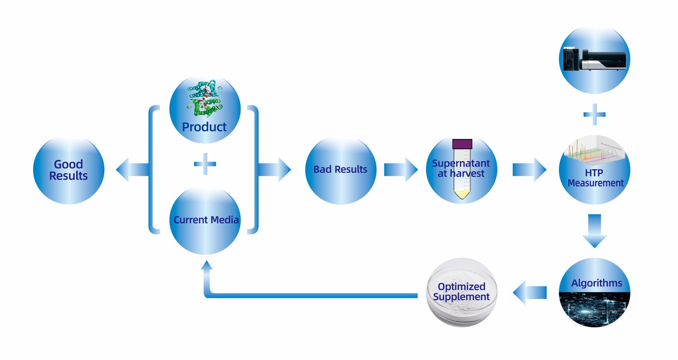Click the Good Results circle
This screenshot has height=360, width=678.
click(68, 170)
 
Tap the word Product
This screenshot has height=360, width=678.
click(204, 127)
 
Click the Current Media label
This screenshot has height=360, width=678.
click(206, 220)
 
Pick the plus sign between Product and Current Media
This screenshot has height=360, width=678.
click(205, 164)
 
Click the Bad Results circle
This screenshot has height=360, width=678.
click(340, 170)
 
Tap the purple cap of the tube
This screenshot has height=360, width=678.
click(462, 144)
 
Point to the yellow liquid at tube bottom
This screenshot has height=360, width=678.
click(462, 194)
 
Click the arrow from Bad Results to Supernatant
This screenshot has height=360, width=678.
click(400, 170)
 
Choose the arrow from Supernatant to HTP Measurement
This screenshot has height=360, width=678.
click(529, 170)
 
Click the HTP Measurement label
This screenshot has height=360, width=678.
click(595, 178)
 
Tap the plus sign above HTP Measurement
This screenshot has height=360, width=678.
click(594, 115)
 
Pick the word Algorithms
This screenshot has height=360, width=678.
click(596, 283)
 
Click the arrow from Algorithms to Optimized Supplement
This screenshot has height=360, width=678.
click(529, 293)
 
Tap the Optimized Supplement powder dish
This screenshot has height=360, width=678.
click(461, 292)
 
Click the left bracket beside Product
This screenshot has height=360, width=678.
click(153, 170)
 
